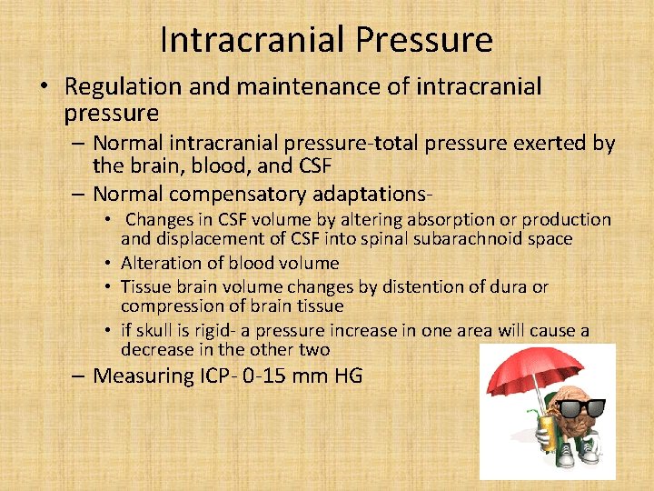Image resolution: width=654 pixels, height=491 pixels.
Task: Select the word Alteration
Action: click(x=162, y=264)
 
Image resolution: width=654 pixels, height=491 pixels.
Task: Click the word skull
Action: click(x=158, y=331)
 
